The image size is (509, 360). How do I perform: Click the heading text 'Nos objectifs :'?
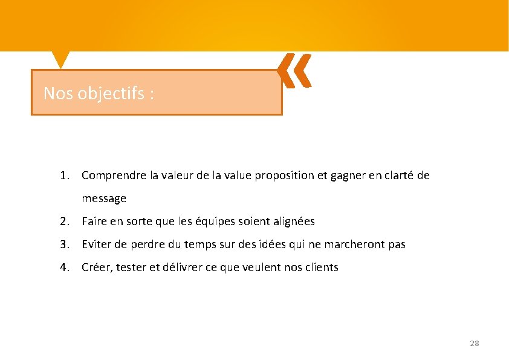[99, 93]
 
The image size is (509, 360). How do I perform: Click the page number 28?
[474, 343]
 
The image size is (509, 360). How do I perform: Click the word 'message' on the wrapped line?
[104, 198]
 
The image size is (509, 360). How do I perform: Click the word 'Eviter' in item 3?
[96, 244]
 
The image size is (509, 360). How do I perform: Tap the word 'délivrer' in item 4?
[178, 267]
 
